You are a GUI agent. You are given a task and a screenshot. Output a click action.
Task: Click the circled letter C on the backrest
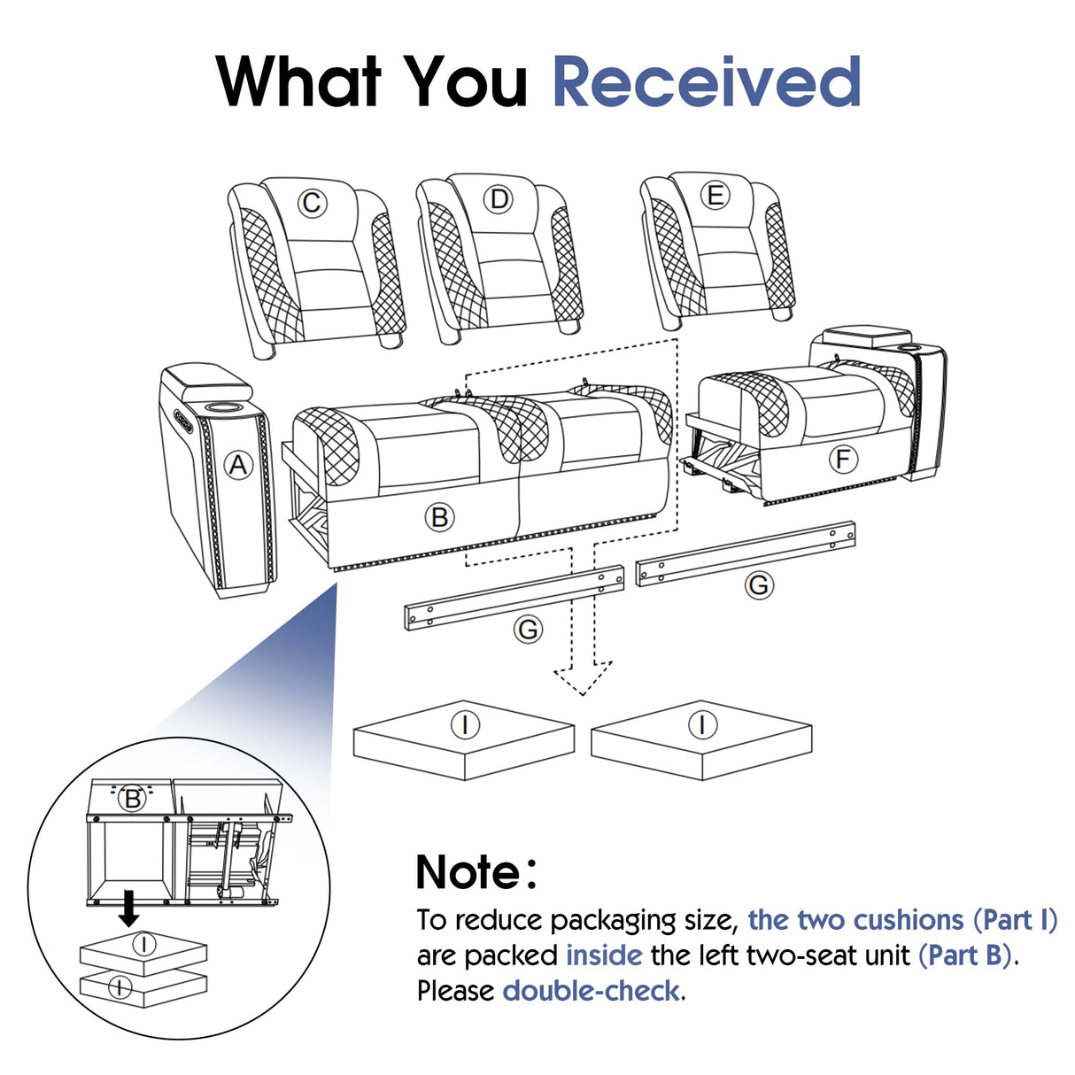tap(311, 204)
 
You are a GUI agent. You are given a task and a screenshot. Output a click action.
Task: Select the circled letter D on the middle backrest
tap(499, 199)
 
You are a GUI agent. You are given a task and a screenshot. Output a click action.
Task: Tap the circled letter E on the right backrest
tap(715, 196)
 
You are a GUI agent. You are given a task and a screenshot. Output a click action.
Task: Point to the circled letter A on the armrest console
tap(237, 464)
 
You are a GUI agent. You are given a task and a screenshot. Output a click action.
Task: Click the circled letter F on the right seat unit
tap(842, 459)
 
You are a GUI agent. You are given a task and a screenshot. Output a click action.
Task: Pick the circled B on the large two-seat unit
tap(439, 516)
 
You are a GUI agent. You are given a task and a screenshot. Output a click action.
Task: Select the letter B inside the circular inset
tap(133, 799)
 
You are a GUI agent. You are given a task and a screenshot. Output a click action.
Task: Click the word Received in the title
tap(706, 81)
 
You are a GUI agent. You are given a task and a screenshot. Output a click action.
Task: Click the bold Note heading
tap(476, 872)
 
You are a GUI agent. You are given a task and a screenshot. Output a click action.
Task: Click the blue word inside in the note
tap(604, 955)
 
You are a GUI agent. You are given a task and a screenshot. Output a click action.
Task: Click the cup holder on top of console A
tap(221, 406)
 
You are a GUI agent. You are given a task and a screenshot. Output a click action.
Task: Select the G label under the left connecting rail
tap(528, 630)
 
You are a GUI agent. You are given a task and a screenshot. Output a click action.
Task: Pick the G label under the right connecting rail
tap(758, 585)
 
